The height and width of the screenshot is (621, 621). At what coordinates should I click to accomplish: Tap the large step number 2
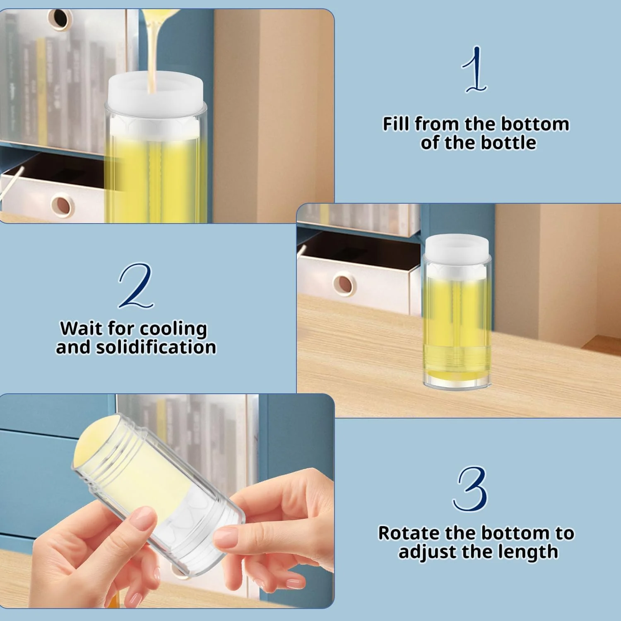(x=136, y=286)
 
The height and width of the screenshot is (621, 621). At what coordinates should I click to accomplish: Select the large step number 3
(x=471, y=489)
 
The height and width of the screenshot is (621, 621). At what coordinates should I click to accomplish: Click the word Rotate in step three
(x=409, y=533)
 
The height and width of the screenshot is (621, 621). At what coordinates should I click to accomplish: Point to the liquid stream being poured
(x=152, y=46)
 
